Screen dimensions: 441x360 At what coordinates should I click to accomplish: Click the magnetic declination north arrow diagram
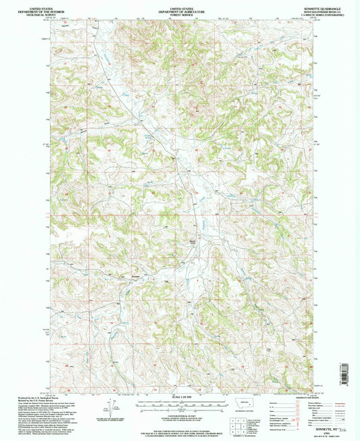pos(109,408)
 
